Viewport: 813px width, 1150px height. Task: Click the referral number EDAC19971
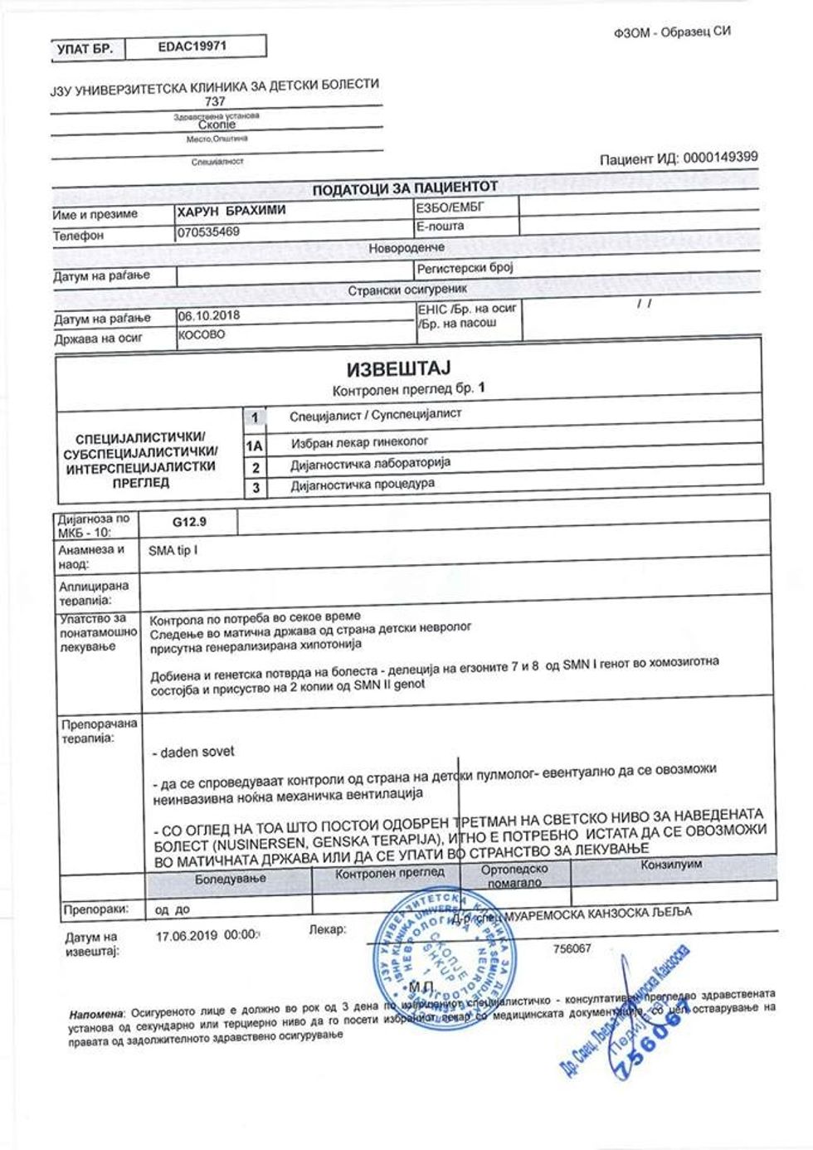pos(191,46)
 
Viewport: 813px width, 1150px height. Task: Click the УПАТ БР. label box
pos(84,50)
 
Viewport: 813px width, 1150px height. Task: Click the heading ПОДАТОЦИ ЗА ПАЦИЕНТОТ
pos(405,189)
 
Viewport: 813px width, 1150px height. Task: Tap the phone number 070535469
pos(208,232)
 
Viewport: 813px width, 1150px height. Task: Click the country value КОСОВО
pos(201,336)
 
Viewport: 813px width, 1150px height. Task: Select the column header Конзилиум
pos(671,865)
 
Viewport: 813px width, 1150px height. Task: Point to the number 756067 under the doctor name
pos(572,948)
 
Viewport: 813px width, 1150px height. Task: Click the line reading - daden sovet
pos(194,752)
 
